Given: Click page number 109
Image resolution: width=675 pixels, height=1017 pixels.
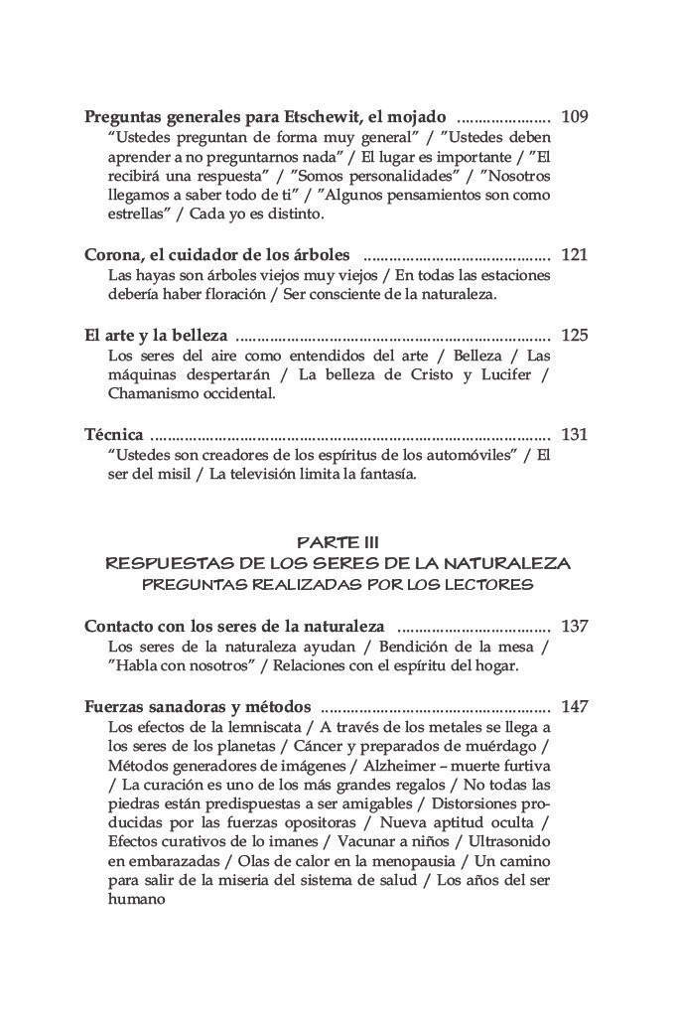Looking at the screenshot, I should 574,117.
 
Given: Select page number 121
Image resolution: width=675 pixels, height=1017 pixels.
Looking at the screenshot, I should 574,255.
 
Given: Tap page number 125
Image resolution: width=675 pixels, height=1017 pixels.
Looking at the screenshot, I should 574,335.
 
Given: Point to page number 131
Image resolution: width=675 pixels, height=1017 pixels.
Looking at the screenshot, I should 574,435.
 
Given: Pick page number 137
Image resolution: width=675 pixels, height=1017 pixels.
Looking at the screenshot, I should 574,627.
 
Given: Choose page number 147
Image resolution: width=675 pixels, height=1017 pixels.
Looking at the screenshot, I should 574,707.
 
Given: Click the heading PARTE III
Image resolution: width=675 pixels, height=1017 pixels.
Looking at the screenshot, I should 337,542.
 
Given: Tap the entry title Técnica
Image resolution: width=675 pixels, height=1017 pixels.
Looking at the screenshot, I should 114,435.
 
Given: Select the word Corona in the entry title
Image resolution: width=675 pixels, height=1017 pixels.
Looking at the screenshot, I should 112,255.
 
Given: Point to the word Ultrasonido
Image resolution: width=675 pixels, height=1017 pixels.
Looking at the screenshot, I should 509,841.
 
